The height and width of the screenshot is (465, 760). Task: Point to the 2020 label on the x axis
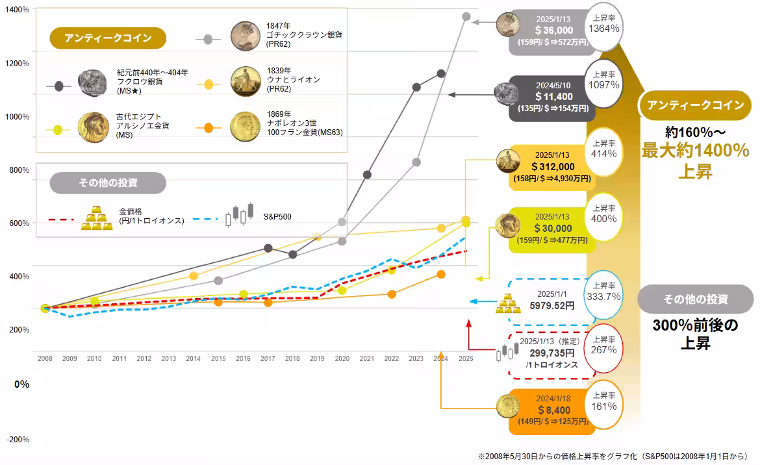click(x=342, y=358)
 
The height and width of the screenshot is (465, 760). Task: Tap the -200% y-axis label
click(x=18, y=440)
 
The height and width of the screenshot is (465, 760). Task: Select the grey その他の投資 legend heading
click(x=108, y=183)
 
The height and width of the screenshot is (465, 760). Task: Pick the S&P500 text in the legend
click(x=277, y=216)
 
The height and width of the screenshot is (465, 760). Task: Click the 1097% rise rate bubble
click(x=603, y=79)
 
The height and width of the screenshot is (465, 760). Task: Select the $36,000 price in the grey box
click(x=554, y=30)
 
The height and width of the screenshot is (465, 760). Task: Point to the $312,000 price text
click(x=552, y=167)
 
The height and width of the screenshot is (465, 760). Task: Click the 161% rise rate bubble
click(x=603, y=401)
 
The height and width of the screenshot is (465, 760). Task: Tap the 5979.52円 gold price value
click(x=551, y=305)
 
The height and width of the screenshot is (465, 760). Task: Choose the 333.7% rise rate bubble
click(x=603, y=290)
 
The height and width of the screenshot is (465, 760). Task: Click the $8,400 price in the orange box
click(x=553, y=410)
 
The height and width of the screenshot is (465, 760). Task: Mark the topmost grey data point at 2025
click(x=466, y=16)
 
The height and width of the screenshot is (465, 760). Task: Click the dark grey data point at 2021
click(x=367, y=175)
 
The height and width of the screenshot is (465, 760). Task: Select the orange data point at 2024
click(x=441, y=275)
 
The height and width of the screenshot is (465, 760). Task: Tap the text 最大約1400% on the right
click(x=696, y=151)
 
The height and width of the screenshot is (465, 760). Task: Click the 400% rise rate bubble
click(x=603, y=212)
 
